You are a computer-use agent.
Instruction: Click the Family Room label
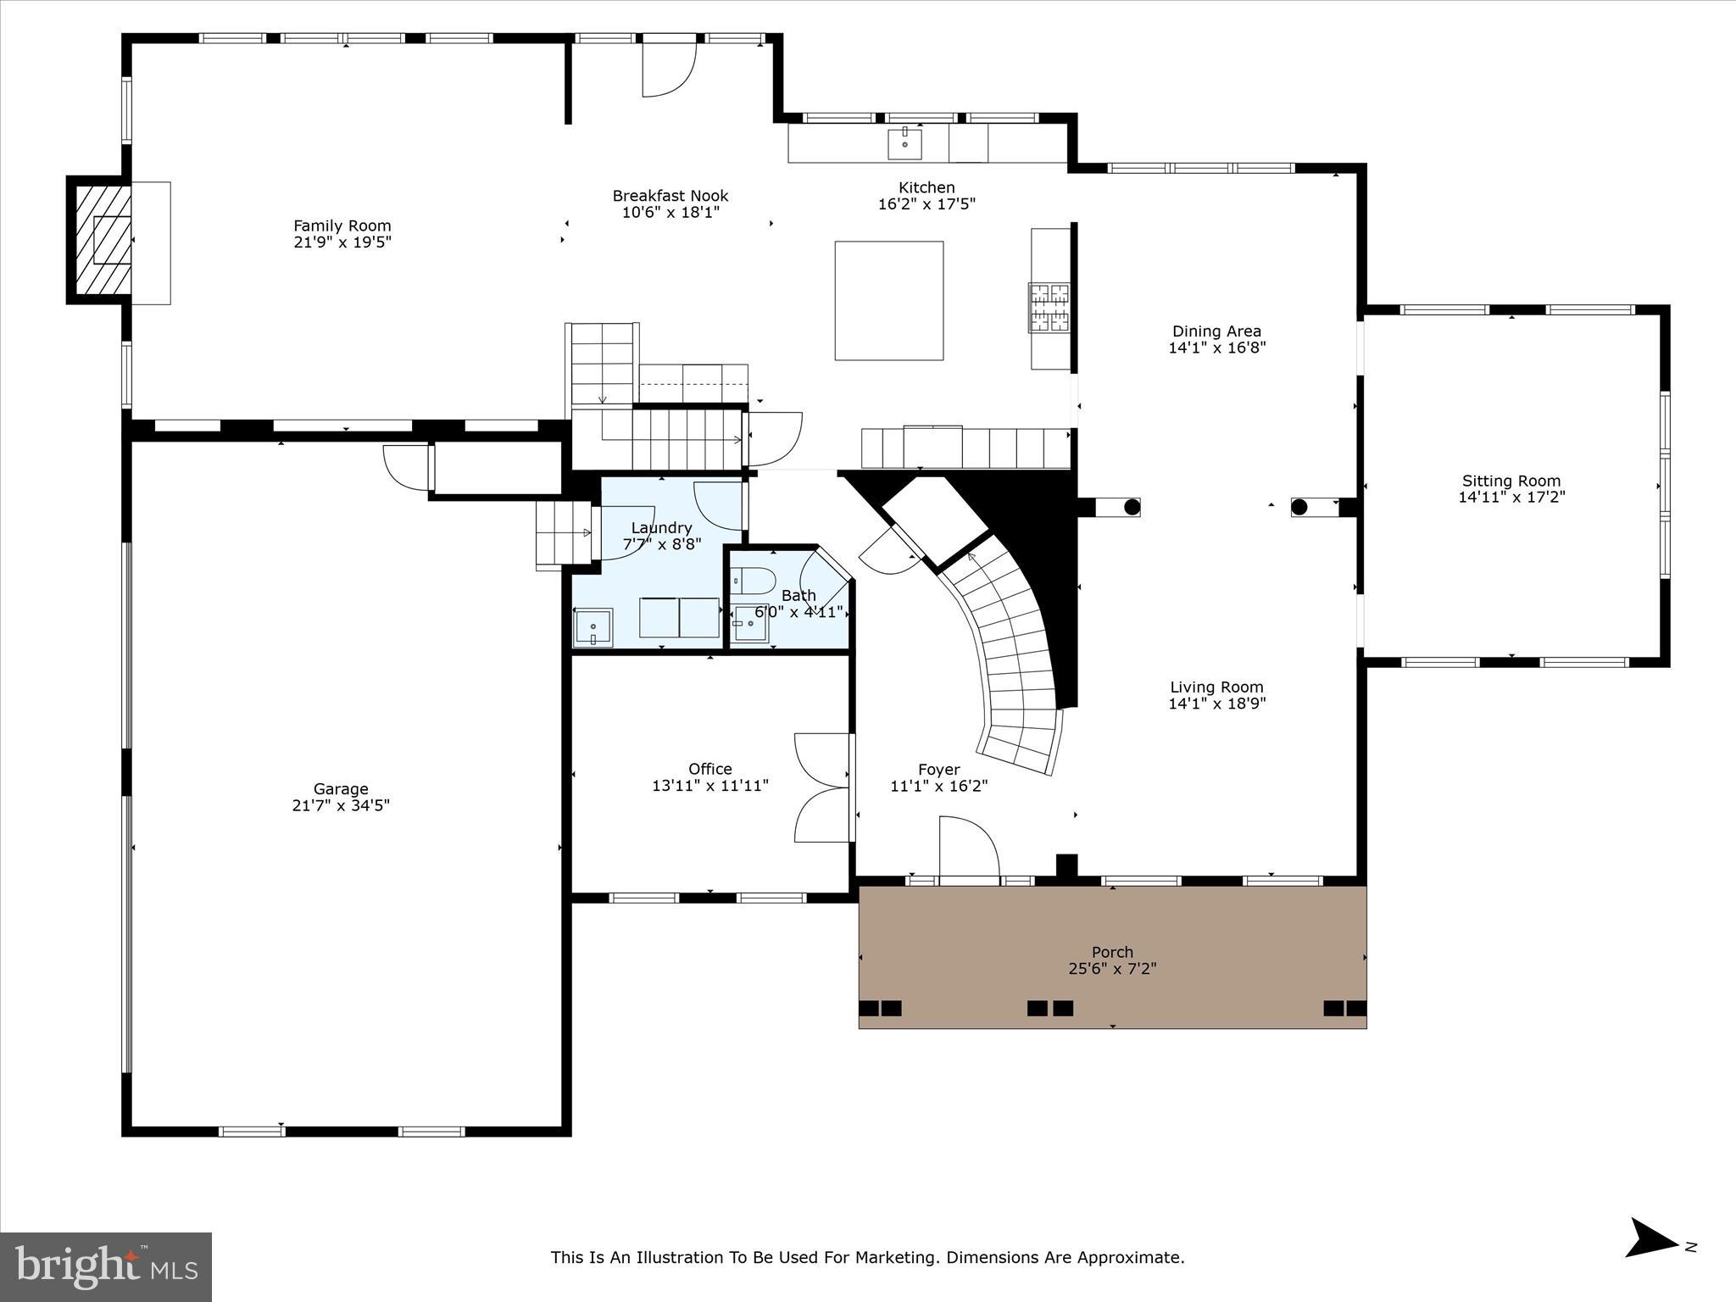click(x=342, y=225)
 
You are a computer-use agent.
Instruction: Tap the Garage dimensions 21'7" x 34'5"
click(x=341, y=805)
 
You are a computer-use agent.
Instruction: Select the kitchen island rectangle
click(x=888, y=301)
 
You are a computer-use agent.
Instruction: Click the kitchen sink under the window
click(x=904, y=144)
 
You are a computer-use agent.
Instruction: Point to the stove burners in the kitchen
click(x=1049, y=307)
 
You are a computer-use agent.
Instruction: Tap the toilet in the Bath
click(x=753, y=581)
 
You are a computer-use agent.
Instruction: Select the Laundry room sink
click(x=593, y=627)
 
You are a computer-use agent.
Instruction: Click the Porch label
click(x=1112, y=952)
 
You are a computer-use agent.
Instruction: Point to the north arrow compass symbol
click(x=1651, y=1262)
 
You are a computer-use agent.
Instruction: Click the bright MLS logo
click(x=106, y=1266)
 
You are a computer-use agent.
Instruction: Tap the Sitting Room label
click(x=1511, y=481)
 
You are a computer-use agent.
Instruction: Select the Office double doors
click(x=822, y=788)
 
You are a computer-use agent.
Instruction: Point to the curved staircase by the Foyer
click(x=1009, y=653)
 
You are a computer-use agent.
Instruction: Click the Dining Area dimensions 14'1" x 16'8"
click(x=1216, y=348)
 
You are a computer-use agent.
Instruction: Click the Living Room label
click(x=1216, y=687)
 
